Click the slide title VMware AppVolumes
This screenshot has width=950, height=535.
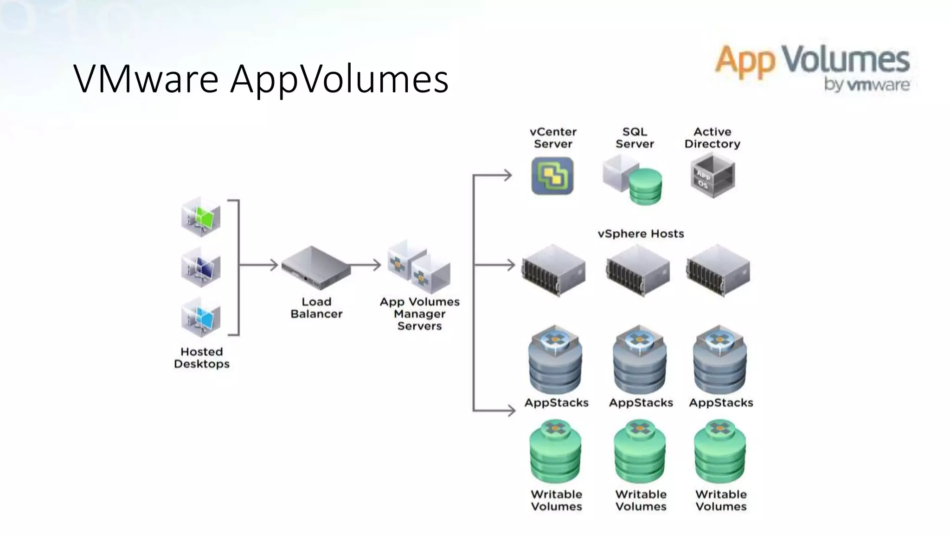point(261,79)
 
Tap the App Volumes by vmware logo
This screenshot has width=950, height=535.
point(812,68)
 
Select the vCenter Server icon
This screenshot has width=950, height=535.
point(552,176)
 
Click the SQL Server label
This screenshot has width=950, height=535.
point(635,138)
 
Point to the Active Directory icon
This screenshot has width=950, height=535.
point(712,176)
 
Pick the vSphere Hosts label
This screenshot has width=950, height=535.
point(641,234)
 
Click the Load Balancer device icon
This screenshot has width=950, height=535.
point(315,267)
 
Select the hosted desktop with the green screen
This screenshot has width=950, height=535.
point(201,217)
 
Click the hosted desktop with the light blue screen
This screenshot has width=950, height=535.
point(201,318)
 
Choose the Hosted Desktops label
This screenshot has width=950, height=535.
point(202,358)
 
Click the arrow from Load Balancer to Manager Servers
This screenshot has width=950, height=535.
point(366,265)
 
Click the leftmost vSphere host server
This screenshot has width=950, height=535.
point(553,270)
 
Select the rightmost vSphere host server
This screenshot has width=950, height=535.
point(718,270)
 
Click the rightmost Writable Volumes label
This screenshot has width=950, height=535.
point(721,500)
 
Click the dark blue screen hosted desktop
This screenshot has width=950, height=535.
point(201,268)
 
